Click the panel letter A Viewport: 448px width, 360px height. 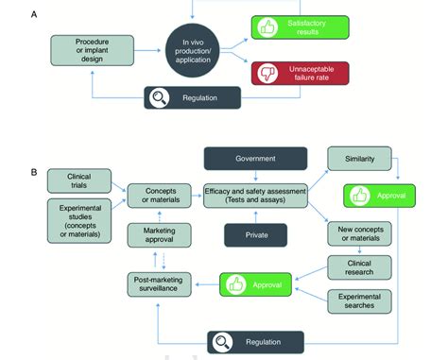(36, 14)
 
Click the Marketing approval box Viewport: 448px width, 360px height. (157, 234)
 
